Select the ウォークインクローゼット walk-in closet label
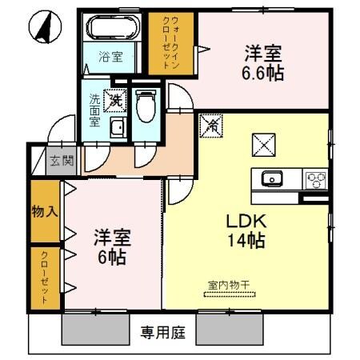click(173, 45)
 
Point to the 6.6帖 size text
click(263, 73)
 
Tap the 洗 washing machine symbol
click(116, 102)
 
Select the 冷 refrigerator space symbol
click(212, 125)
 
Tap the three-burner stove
click(314, 178)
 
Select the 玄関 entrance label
click(62, 159)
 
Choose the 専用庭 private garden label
click(161, 331)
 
